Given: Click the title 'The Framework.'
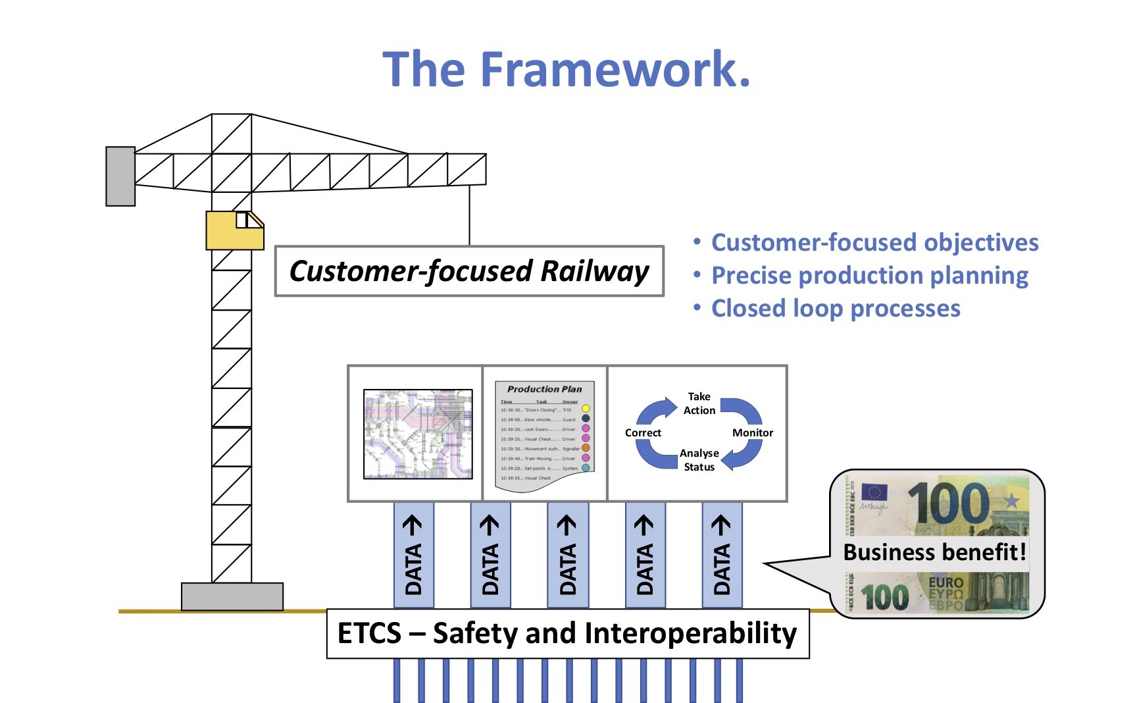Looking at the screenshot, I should pyautogui.click(x=567, y=69).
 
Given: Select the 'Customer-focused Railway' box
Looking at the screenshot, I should pyautogui.click(x=469, y=271).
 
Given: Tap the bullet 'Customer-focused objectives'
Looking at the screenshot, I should pyautogui.click(x=874, y=242).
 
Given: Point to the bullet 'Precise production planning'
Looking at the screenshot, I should pyautogui.click(x=869, y=275).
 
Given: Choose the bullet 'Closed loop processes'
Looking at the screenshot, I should pyautogui.click(x=836, y=308).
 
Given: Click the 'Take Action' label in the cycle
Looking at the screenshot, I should pyautogui.click(x=699, y=404).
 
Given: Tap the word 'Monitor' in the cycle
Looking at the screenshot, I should pyautogui.click(x=752, y=432).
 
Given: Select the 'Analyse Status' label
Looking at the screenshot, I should pyautogui.click(x=699, y=460).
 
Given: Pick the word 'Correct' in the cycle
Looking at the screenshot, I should pyautogui.click(x=643, y=432).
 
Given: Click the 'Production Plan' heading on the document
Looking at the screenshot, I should pyautogui.click(x=544, y=389).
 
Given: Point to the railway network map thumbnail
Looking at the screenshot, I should pyautogui.click(x=418, y=434).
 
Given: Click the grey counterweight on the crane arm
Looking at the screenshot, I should pyautogui.click(x=120, y=176).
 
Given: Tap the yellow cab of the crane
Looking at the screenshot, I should pyautogui.click(x=234, y=230).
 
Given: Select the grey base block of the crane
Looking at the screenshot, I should pyautogui.click(x=232, y=596).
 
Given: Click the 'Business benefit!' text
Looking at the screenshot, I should pyautogui.click(x=934, y=552).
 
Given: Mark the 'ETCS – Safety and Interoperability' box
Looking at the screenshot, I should pyautogui.click(x=567, y=633).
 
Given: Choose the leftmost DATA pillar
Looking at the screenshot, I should pyautogui.click(x=413, y=555).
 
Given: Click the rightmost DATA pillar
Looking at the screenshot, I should pyautogui.click(x=722, y=555).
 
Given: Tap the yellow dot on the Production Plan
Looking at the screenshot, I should pyautogui.click(x=586, y=409).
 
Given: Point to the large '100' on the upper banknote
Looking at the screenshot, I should pyautogui.click(x=947, y=504).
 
